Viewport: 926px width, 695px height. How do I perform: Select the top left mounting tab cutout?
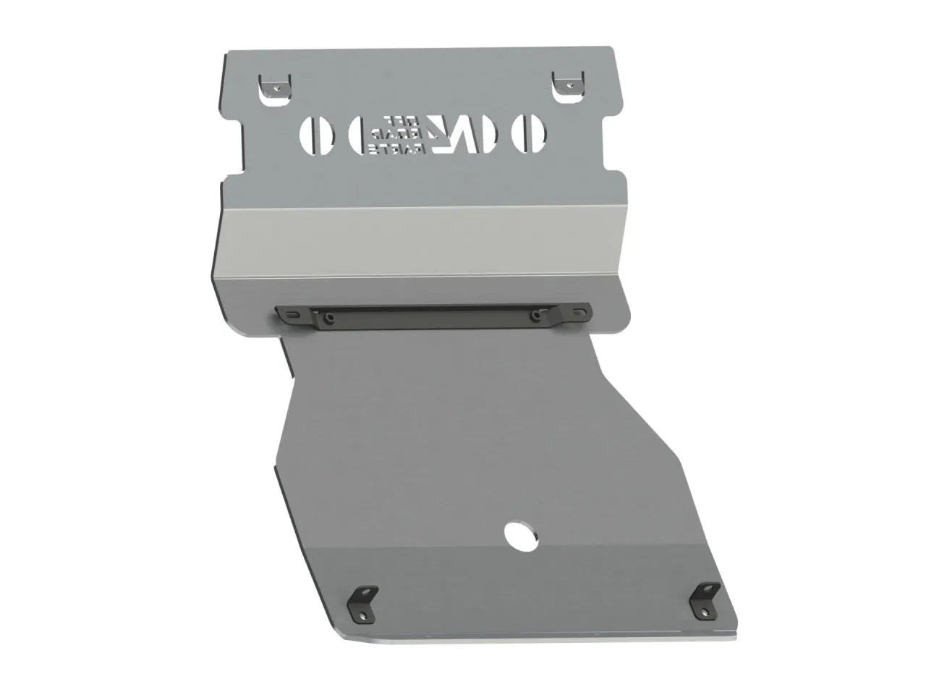(x=275, y=85)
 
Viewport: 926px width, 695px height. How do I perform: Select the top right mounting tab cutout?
(x=567, y=85)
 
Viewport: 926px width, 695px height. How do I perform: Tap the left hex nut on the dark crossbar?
(x=328, y=316)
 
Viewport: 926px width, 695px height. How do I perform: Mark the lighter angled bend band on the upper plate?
(x=420, y=243)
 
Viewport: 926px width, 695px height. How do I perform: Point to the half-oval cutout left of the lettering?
(x=356, y=134)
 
